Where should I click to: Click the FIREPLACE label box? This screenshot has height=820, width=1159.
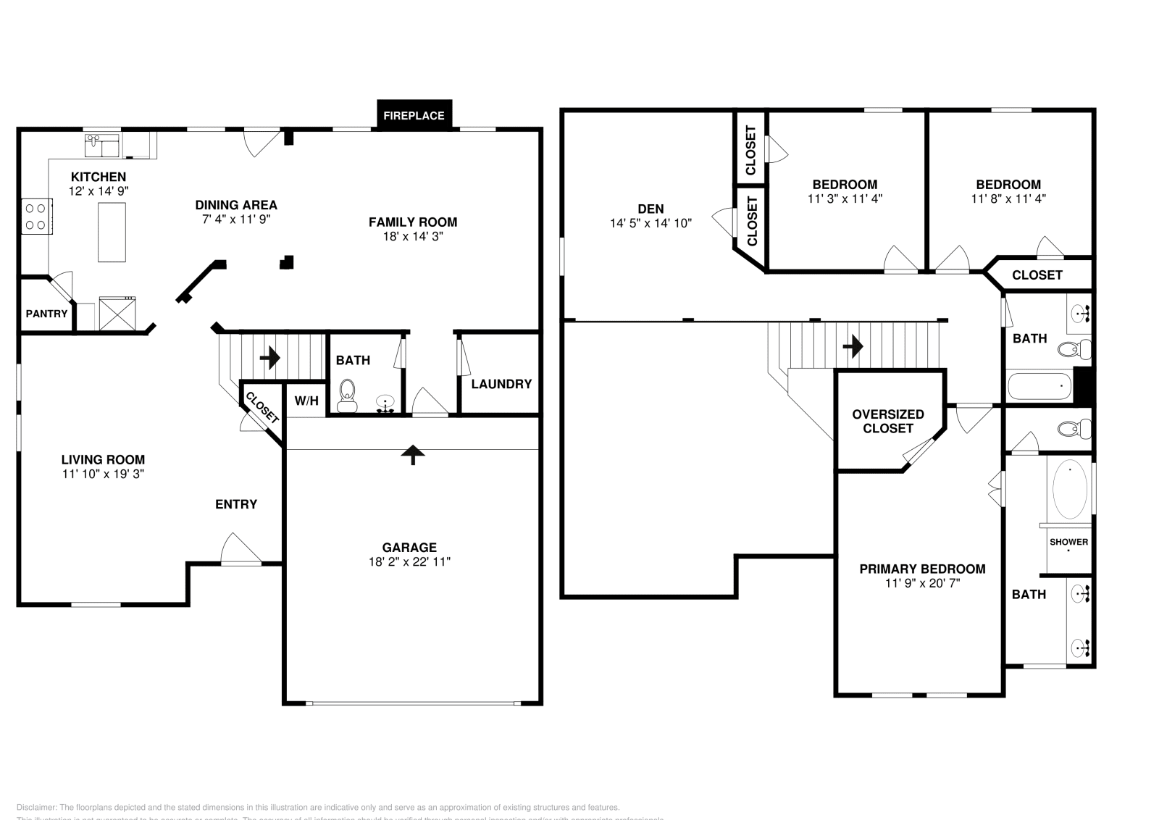click(414, 115)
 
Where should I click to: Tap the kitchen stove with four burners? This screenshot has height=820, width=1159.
click(35, 217)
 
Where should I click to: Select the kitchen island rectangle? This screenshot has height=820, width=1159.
click(112, 232)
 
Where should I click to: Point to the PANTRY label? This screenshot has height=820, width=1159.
click(46, 314)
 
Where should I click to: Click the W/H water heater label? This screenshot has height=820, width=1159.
click(306, 401)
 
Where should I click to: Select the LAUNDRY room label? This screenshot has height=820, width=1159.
click(501, 384)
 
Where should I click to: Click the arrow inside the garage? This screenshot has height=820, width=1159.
click(413, 453)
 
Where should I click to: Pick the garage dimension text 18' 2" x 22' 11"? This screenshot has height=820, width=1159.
click(409, 561)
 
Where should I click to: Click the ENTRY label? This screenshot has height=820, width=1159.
click(236, 504)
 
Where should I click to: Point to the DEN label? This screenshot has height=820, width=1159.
click(650, 209)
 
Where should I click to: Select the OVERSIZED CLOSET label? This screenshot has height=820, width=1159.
click(888, 421)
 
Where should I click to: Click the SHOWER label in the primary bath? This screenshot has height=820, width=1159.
click(1069, 542)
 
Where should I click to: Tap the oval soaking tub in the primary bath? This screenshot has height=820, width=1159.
click(1069, 490)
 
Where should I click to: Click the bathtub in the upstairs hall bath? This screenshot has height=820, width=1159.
click(1039, 387)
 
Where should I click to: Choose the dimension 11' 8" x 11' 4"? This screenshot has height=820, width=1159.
click(1008, 198)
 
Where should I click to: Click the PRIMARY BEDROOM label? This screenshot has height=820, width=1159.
click(922, 569)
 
